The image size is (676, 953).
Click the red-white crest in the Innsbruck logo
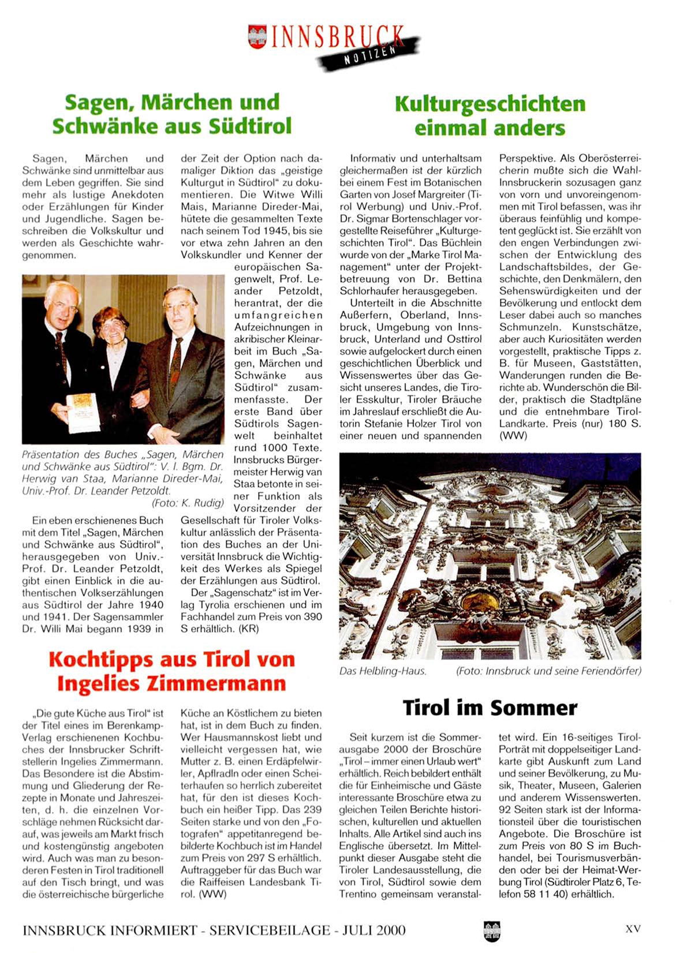pos(257,36)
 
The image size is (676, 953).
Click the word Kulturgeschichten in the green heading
pos(490,104)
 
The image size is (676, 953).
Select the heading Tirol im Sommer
pos(490,708)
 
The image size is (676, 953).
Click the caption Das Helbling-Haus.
pos(383,671)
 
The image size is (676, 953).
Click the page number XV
pos(633,929)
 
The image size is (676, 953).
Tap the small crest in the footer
pos(492,930)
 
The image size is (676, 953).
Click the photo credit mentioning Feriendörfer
pos(548,671)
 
